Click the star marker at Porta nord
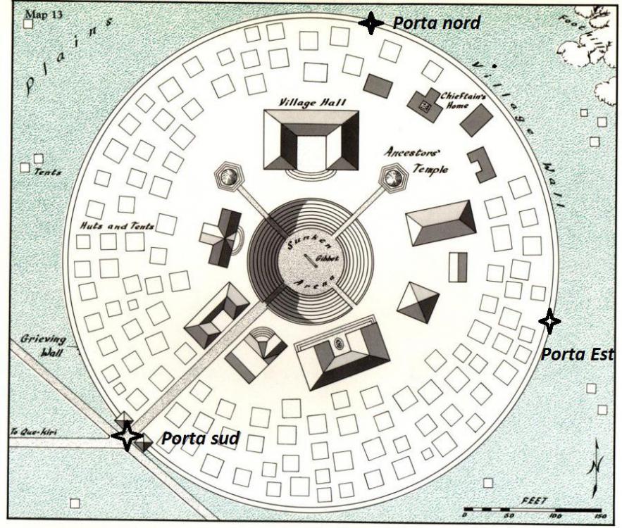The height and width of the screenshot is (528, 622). tap(371, 23)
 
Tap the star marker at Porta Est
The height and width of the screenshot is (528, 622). tap(549, 321)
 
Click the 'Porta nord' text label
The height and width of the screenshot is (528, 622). tap(436, 23)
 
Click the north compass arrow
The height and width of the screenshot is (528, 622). tap(596, 465)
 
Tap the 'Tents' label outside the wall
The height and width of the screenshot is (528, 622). tap(47, 172)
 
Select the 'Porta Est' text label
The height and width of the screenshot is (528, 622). tap(576, 353)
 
